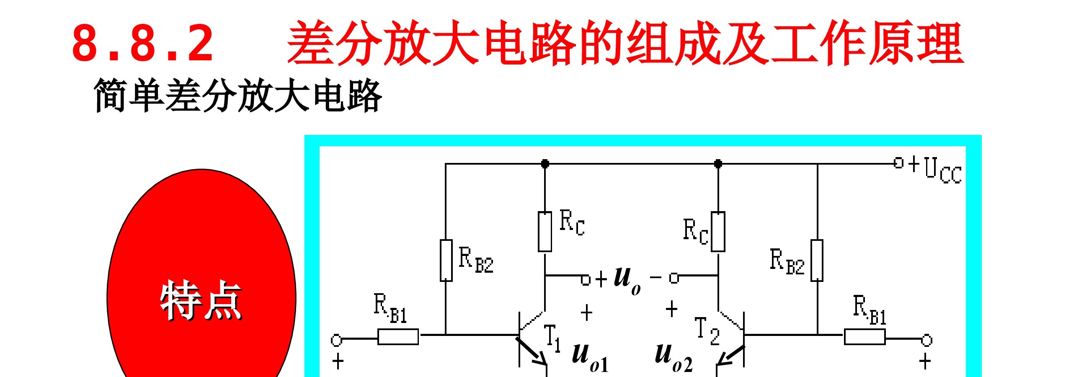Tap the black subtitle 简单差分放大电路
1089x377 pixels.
237,95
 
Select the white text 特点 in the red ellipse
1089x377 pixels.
201,300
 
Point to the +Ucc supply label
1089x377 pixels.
935,169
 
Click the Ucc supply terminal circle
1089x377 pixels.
899,163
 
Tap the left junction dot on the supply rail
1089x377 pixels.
545,163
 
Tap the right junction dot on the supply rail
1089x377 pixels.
718,163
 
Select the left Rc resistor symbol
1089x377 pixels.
545,232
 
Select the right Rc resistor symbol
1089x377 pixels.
718,232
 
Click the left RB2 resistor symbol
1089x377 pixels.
446,261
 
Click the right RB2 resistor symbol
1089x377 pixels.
817,261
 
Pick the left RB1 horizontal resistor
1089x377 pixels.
398,337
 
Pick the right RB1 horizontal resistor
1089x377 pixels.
864,337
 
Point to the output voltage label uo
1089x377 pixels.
627,280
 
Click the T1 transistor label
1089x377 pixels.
552,338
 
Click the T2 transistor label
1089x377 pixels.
707,331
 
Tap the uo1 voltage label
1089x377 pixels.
590,358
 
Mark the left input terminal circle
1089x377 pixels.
336,339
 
